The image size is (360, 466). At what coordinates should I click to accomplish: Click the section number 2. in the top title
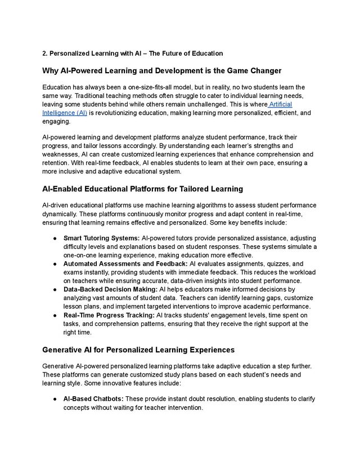tap(45, 53)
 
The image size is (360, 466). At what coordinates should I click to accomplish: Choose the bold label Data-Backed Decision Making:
tap(111, 289)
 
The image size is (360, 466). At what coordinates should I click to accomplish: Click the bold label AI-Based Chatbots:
tap(93, 399)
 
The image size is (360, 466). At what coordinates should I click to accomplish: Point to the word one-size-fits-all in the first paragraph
tap(164, 87)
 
